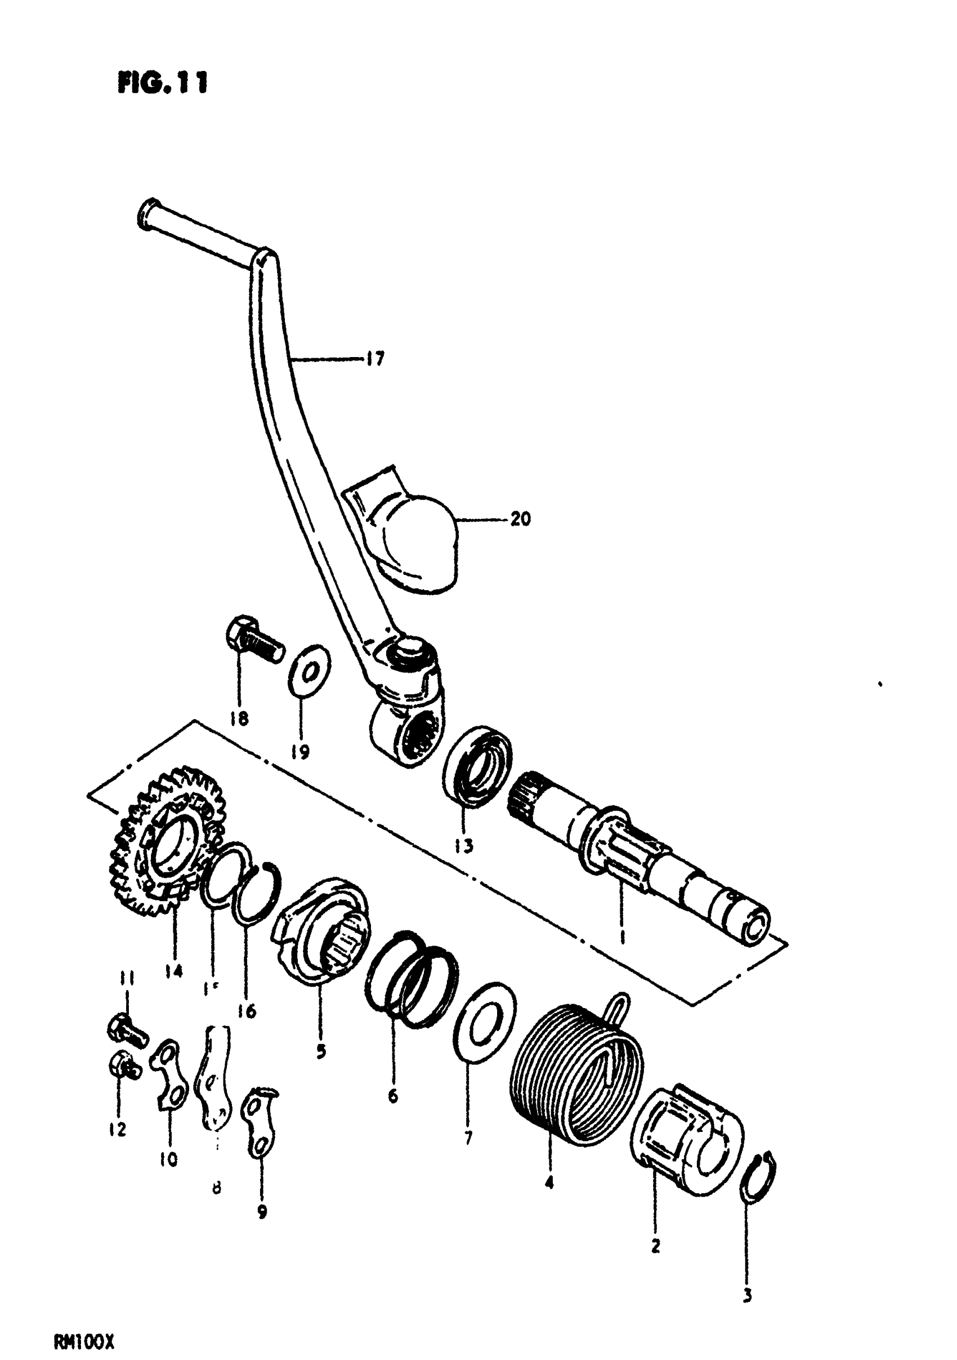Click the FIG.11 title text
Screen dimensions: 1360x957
[x=163, y=83]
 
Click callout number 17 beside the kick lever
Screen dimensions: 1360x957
[x=374, y=358]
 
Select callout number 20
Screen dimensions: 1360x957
[x=520, y=519]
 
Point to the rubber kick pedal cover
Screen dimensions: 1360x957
[x=409, y=533]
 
